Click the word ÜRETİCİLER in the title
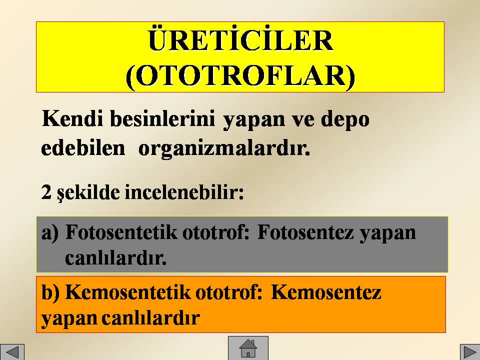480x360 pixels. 241,40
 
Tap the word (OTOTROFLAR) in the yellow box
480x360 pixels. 240,76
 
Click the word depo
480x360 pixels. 345,119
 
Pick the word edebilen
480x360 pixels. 83,148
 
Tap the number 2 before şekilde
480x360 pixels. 46,192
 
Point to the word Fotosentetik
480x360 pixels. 121,232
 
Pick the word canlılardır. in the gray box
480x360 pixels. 115,258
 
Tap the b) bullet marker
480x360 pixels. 50,292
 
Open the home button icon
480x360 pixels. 248,348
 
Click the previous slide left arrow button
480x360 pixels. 12,352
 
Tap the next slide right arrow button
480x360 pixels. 470,352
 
